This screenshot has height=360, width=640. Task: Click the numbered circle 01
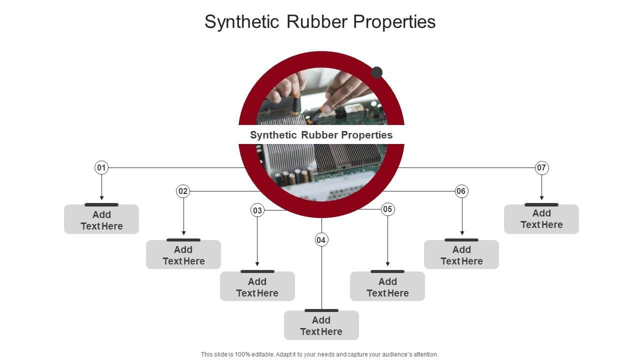pos(101,167)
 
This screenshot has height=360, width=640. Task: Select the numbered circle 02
pos(183,191)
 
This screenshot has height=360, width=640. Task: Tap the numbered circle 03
pos(257,210)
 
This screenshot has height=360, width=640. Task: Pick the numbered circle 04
pos(321,240)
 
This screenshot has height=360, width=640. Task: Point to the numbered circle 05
pos(387,209)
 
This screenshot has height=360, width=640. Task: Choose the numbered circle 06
pos(461,191)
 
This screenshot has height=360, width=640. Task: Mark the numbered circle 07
pos(541,167)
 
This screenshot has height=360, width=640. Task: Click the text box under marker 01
pos(101,220)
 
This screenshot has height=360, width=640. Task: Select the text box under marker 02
pos(183,255)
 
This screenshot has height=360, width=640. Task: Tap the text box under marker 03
pos(257,287)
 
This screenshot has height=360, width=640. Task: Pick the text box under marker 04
pos(321,326)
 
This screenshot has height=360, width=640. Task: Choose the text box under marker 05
pos(387,287)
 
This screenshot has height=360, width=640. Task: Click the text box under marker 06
pos(461,255)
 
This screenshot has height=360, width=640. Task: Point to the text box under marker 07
pos(541,219)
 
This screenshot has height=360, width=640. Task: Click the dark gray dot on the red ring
pos(377,72)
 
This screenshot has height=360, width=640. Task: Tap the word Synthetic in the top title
pos(241,22)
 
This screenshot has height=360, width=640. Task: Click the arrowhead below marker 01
pos(101,198)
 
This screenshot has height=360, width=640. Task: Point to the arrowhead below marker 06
pos(462,233)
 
